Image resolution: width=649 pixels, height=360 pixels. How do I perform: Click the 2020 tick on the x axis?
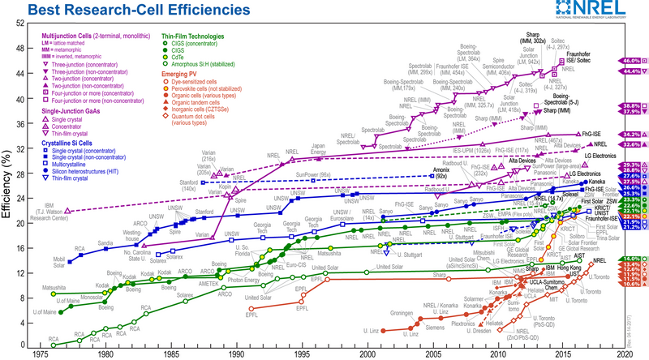point(624,354)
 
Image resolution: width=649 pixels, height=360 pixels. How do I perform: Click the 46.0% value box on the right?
point(632,61)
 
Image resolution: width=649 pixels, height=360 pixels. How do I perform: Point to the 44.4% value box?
point(632,71)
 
